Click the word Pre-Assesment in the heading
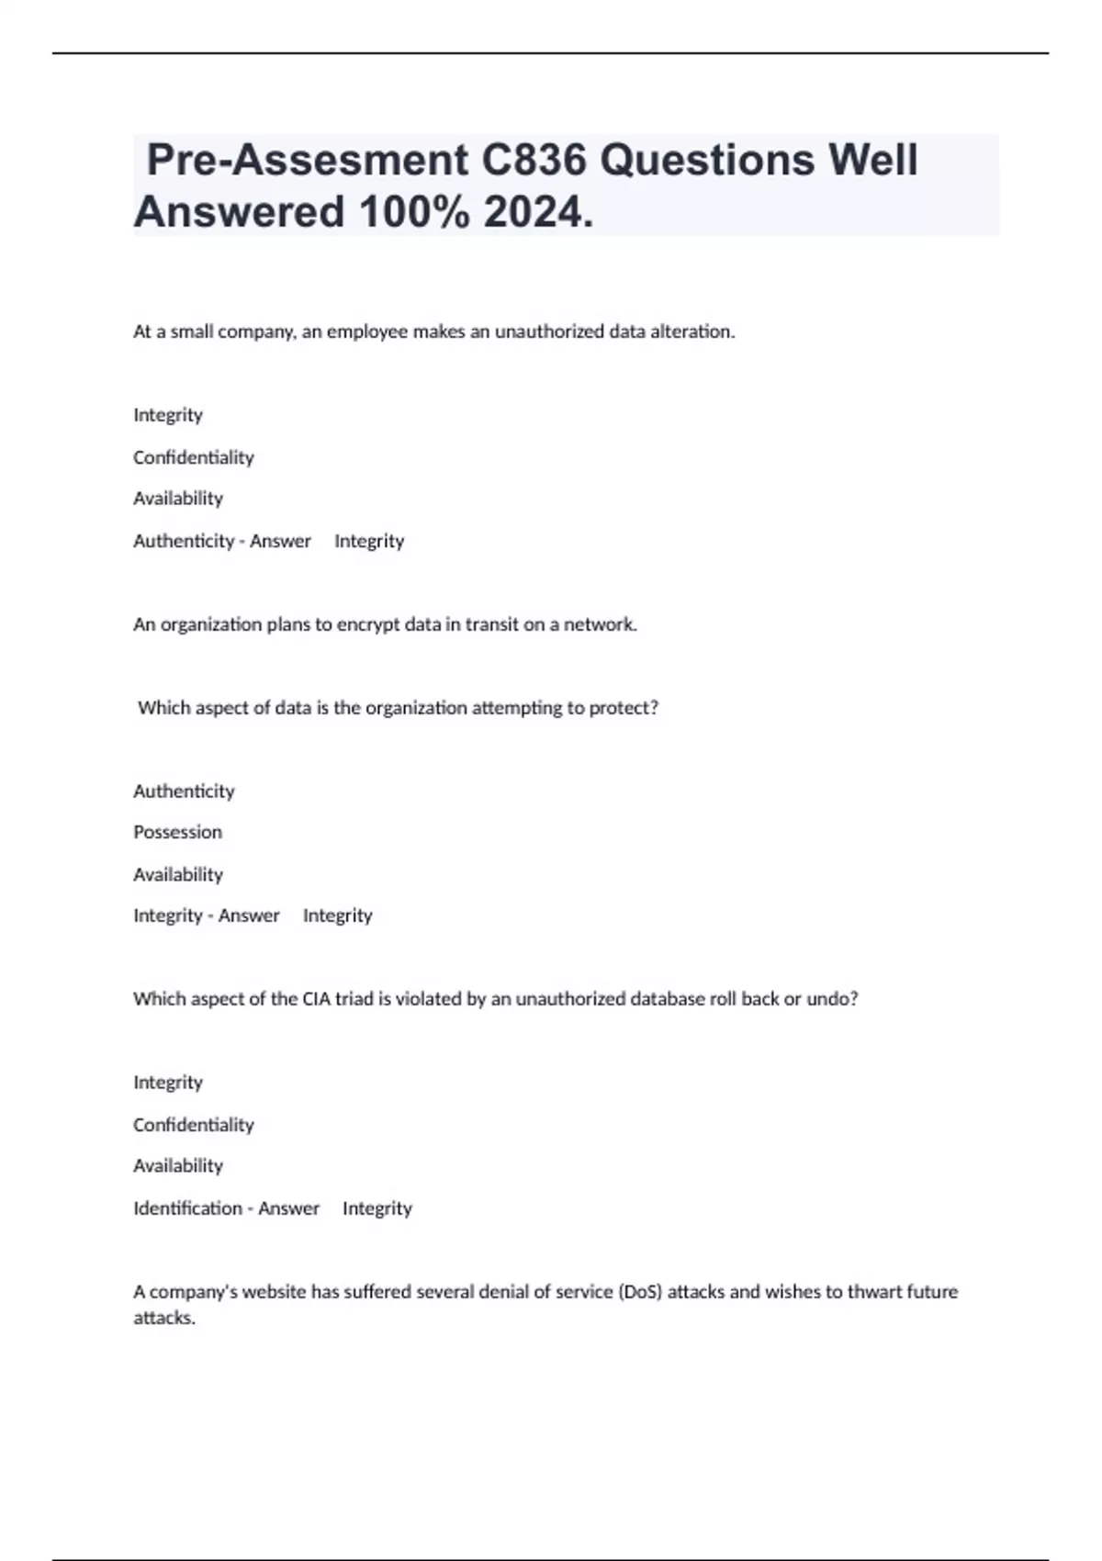pyautogui.click(x=308, y=160)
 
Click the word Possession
pyautogui.click(x=177, y=832)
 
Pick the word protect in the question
pyautogui.click(x=621, y=708)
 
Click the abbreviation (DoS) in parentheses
pyautogui.click(x=640, y=1292)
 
